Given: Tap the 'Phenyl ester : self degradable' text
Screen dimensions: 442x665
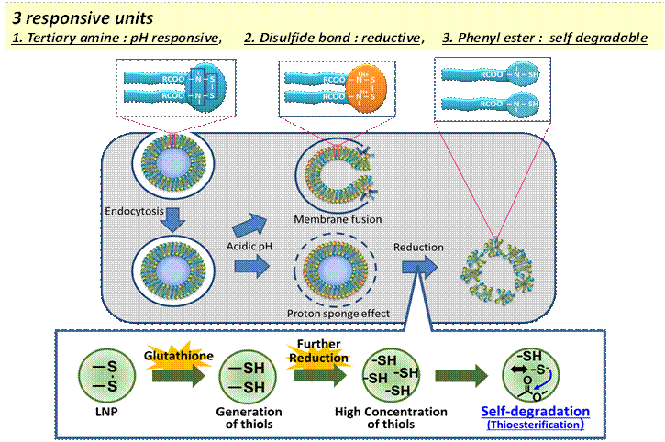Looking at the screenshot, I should coord(549,38).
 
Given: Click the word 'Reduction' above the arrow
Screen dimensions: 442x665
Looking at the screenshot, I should coord(420,248).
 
